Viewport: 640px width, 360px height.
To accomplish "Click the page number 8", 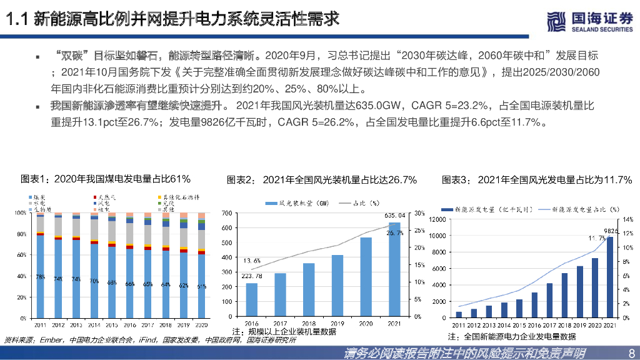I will coord(630,353).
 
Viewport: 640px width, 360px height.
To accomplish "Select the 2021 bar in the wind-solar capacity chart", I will coord(395,269).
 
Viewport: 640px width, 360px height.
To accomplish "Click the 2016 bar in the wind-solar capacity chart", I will coord(251,300).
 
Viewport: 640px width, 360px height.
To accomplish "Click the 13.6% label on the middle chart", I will coord(252,260).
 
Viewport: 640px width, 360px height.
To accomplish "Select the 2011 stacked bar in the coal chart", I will coord(40,266).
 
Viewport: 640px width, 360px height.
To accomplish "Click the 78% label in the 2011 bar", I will coord(40,277).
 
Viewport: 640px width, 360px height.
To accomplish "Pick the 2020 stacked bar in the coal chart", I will coord(201,266).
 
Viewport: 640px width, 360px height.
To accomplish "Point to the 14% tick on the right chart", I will coord(627,219).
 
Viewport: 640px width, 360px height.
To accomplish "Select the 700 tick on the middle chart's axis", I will coord(223,213).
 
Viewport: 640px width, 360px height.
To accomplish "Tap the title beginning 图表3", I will coord(536,180).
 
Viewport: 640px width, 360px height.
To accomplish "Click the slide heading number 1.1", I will coord(16,20).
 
